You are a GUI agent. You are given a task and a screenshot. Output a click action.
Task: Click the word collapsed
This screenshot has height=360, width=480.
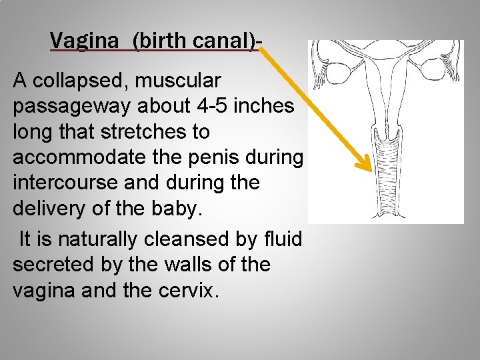click(x=82, y=81)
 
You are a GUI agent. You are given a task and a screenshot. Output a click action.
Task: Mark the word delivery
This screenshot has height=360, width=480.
click(x=49, y=209)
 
